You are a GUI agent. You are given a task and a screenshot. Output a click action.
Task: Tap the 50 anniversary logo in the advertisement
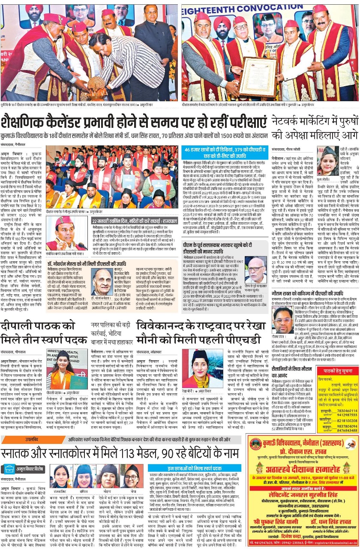coord(350,441)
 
